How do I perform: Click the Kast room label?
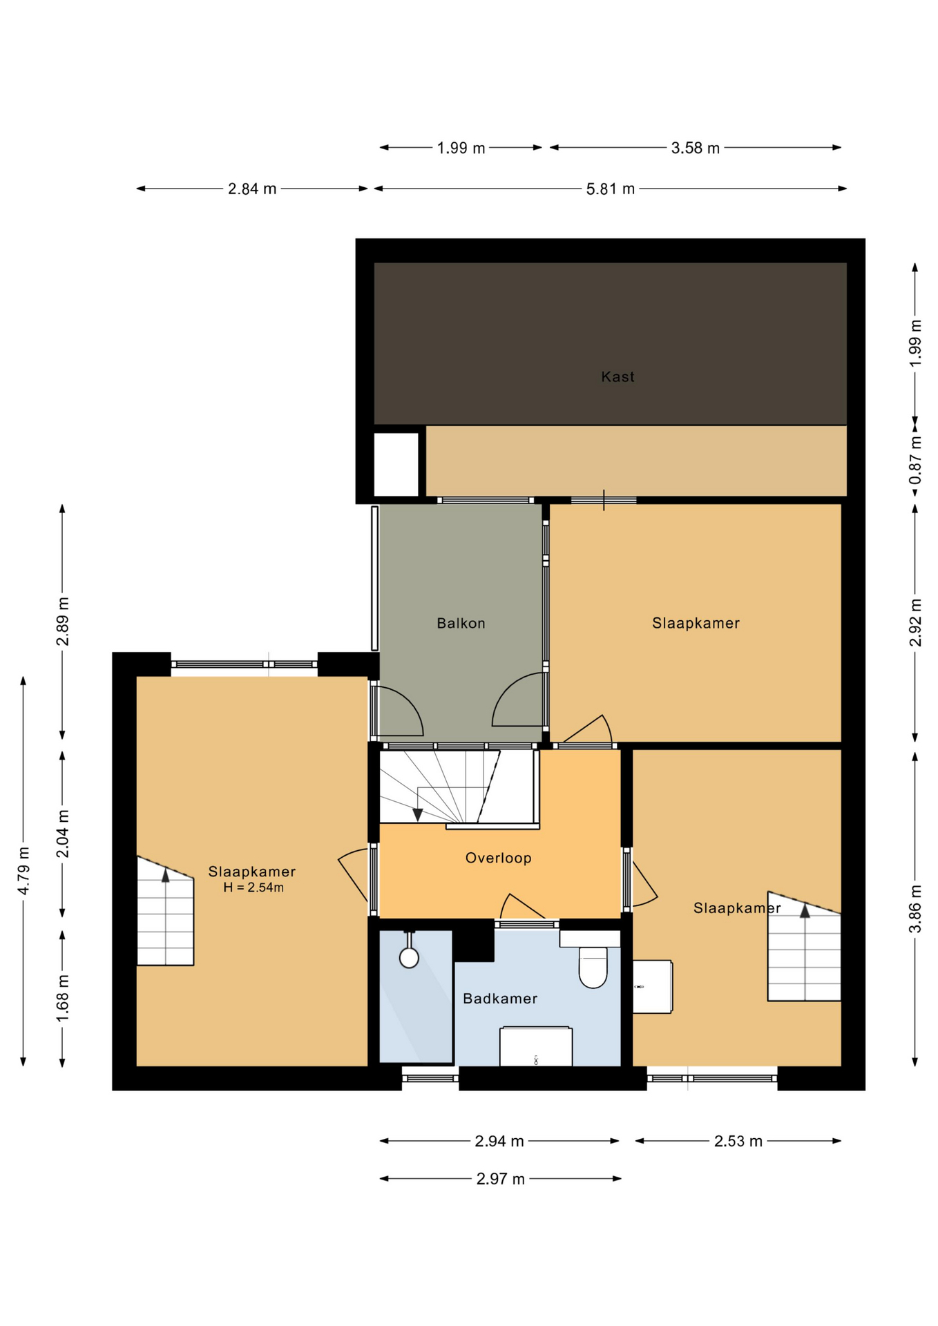(617, 377)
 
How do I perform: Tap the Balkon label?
(461, 624)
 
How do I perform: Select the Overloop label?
(498, 858)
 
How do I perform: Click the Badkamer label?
(499, 999)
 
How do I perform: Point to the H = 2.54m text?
(253, 888)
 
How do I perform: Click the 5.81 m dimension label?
(610, 189)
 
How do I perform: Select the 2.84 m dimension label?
(252, 189)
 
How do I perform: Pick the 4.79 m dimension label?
(23, 871)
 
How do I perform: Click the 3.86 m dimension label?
(915, 909)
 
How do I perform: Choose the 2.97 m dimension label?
(500, 1179)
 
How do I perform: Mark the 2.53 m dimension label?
(738, 1142)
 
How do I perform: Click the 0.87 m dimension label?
(915, 461)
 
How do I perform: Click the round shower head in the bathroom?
(409, 957)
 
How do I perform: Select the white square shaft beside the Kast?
(396, 464)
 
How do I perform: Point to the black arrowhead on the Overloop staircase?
(417, 815)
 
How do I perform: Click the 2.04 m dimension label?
(63, 834)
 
